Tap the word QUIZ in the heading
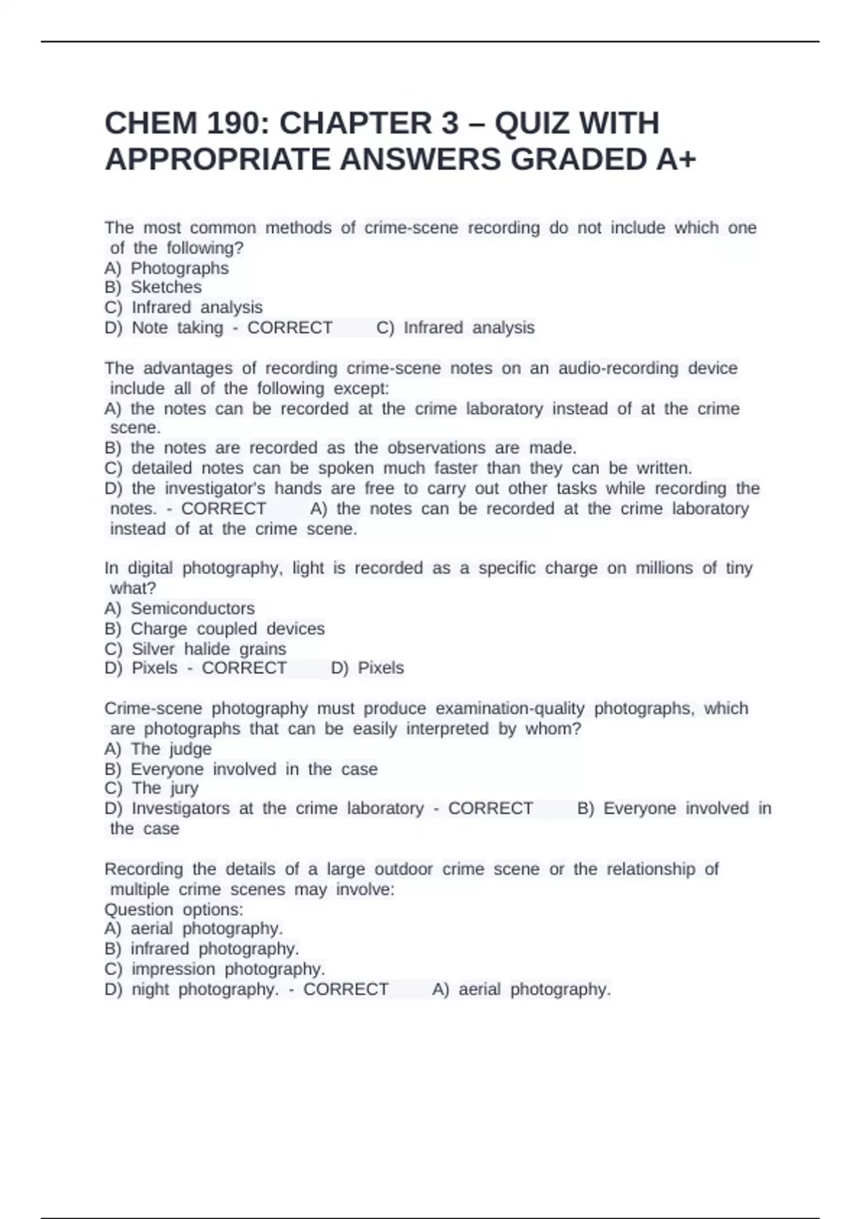[528, 123]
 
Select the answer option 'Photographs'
[179, 268]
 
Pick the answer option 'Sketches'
[166, 288]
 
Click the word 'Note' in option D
[149, 328]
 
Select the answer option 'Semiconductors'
[192, 609]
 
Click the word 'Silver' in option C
[153, 649]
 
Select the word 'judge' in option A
[191, 749]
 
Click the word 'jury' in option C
[184, 789]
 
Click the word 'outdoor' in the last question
[403, 869]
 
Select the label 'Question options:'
[174, 909]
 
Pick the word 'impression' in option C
[173, 969]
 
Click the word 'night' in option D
[150, 990]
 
